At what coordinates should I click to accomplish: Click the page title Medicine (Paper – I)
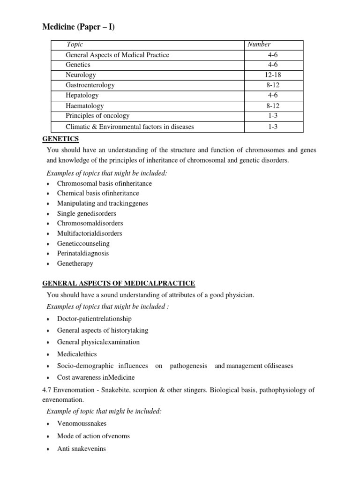[78, 28]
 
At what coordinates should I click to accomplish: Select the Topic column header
[75, 45]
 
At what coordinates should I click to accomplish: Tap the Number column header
[259, 45]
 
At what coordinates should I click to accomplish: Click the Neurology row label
[81, 75]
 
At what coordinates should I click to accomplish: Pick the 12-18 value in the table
[273, 75]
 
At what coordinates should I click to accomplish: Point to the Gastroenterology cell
[90, 85]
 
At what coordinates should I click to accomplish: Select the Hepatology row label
[82, 95]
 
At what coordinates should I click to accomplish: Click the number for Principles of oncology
[273, 116]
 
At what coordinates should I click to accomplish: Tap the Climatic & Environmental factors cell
[130, 127]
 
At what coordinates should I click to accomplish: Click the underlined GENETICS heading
[61, 139]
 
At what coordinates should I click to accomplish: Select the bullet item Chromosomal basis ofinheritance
[105, 183]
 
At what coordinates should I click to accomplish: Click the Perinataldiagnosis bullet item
[83, 253]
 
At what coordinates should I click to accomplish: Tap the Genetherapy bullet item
[75, 263]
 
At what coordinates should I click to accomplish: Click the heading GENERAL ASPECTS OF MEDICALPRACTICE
[119, 284]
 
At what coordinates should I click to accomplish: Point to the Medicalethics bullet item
[77, 354]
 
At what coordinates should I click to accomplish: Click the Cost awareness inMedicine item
[96, 377]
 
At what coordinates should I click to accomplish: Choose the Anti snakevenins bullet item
[82, 449]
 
